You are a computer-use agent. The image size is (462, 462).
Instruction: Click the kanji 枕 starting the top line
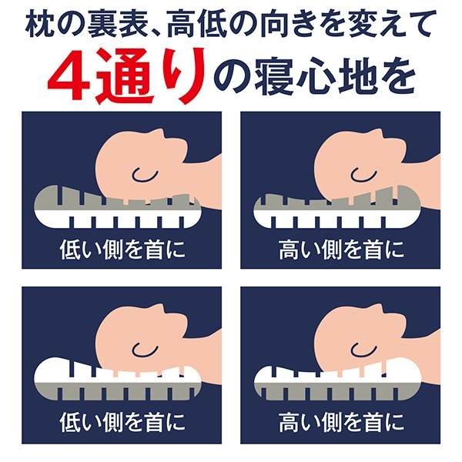pos(40,25)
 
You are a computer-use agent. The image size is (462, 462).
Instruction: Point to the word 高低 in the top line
pos(196,25)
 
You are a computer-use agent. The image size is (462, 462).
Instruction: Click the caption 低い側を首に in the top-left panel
pos(122,249)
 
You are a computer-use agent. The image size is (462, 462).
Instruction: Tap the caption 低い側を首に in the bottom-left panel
pos(122,422)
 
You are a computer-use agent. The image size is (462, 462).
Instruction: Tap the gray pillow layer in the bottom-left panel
pos(118,391)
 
